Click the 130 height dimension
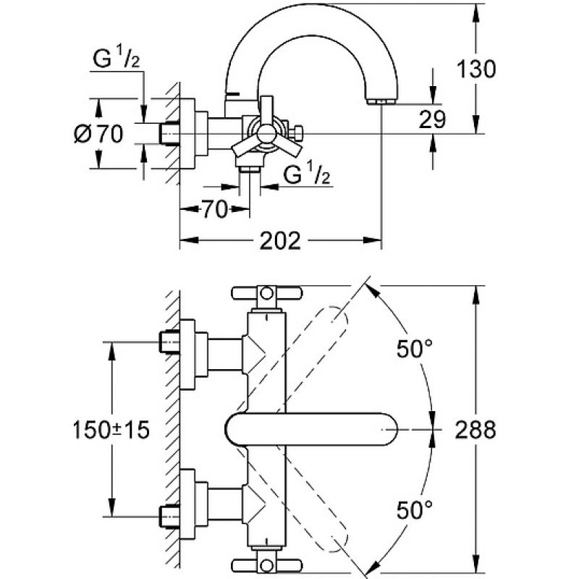point(476,69)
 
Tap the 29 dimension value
point(432,119)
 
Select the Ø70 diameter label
point(98,134)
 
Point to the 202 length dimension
point(280,241)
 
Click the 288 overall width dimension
point(476,430)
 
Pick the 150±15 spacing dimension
point(111,430)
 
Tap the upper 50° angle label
point(414,348)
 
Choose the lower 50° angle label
point(414,510)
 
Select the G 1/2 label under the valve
point(306,174)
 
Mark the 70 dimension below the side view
point(214,210)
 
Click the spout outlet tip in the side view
point(382,101)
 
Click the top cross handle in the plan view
point(266,293)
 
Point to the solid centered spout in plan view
point(311,429)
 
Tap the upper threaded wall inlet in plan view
point(169,342)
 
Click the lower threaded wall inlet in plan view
point(169,517)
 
